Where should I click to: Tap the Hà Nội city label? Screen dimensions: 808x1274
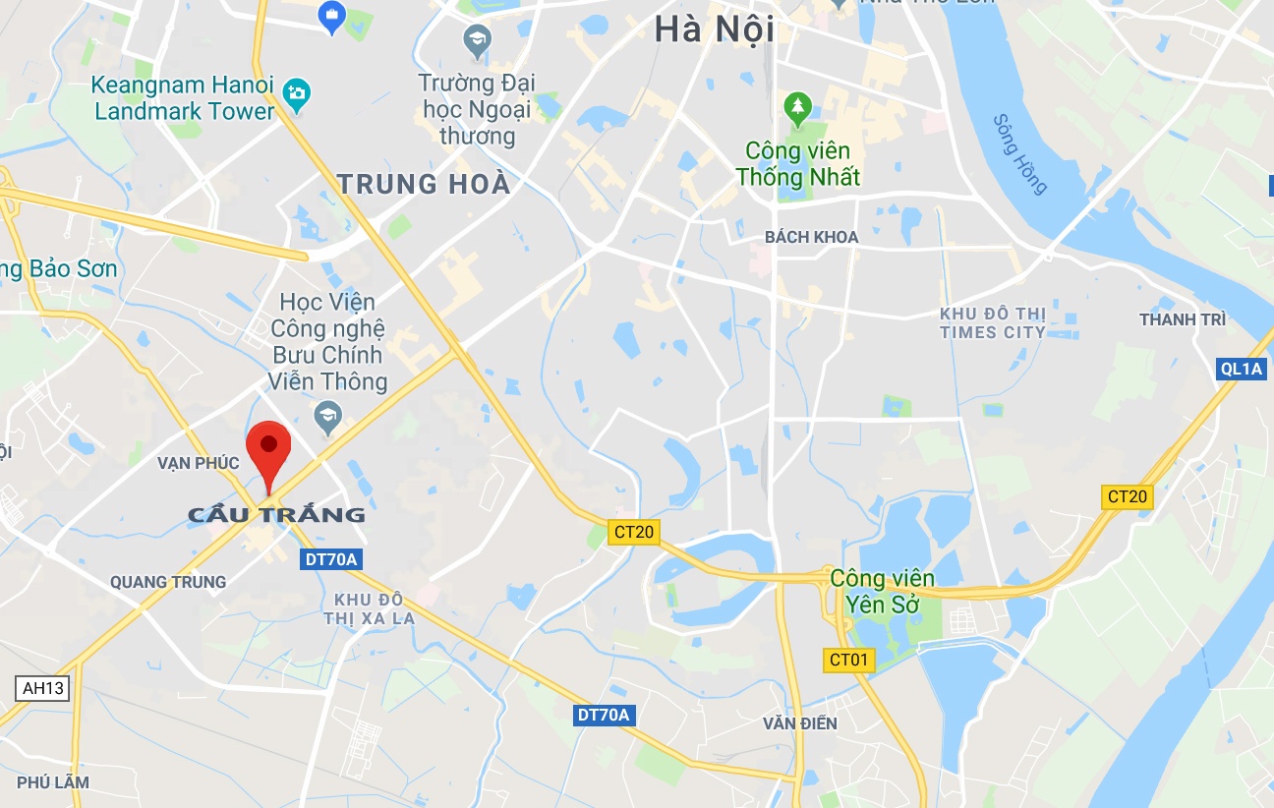tap(714, 29)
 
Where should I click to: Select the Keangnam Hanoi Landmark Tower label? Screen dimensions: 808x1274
tap(184, 98)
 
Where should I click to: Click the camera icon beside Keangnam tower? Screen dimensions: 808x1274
tap(295, 95)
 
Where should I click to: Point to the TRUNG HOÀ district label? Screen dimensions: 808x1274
tap(424, 184)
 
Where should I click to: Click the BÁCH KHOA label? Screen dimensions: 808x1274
tap(811, 237)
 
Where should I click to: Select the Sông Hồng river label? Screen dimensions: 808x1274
tap(1020, 154)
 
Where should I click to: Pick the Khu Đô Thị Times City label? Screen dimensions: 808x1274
tap(992, 322)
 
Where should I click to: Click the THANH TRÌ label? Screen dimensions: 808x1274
tap(1182, 319)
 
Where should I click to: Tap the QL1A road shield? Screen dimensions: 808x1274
tap(1239, 369)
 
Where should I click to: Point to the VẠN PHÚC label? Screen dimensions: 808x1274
tap(198, 462)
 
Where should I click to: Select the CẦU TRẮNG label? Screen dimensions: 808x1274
tap(276, 514)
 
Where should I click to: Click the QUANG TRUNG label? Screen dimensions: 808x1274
tap(168, 582)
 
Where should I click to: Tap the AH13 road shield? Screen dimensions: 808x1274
tap(43, 688)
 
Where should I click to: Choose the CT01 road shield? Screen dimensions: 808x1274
tap(848, 660)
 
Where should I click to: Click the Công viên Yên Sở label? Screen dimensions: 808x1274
tap(882, 591)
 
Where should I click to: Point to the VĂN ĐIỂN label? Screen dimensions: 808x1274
tap(800, 723)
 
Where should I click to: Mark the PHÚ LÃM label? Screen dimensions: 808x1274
tap(53, 782)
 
